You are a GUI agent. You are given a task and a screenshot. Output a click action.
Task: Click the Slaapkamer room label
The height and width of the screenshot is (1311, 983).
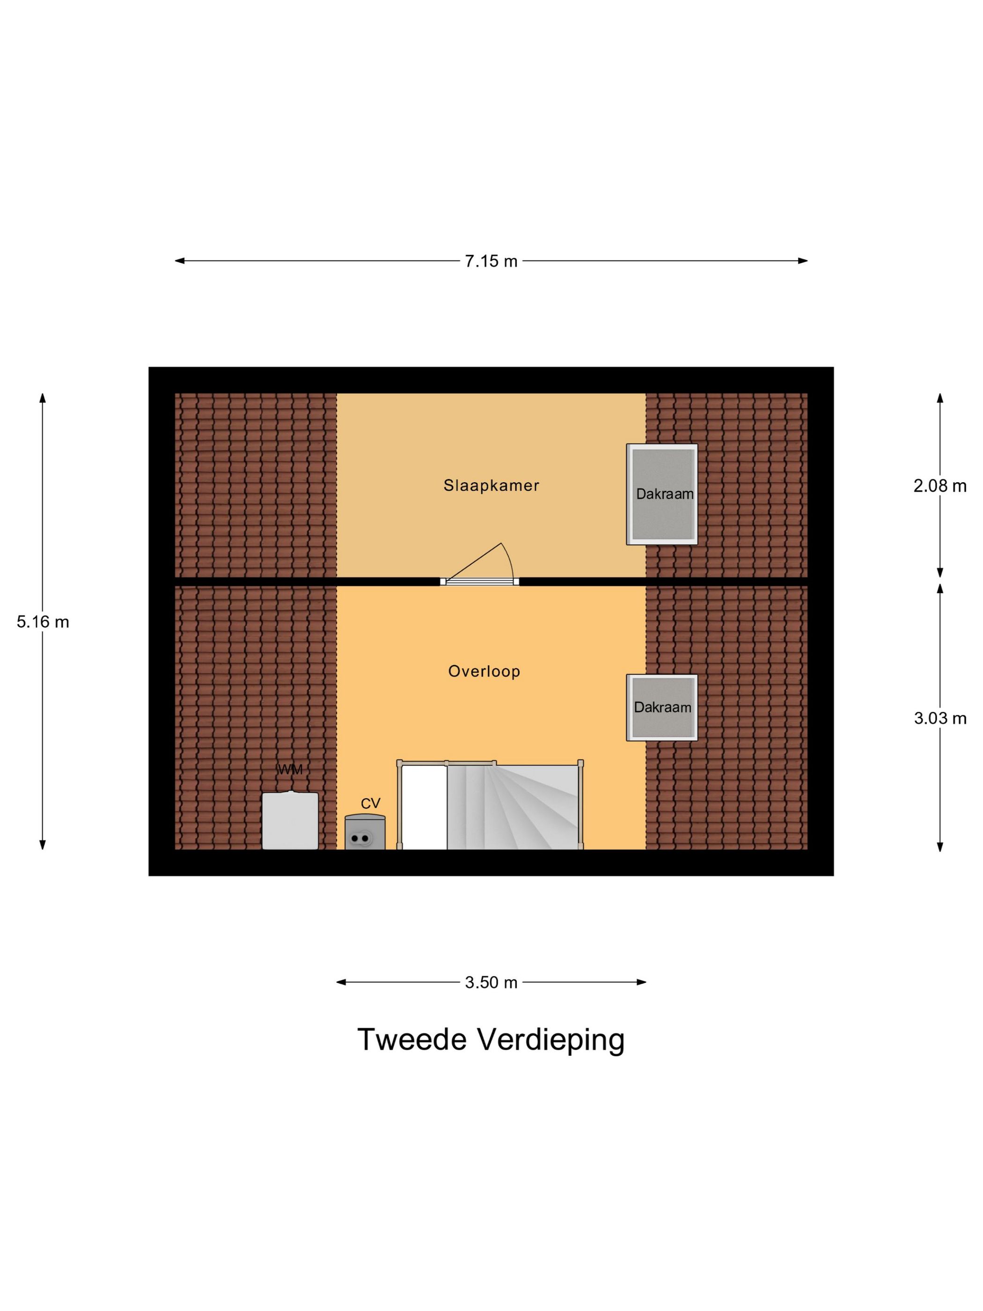pos(491,486)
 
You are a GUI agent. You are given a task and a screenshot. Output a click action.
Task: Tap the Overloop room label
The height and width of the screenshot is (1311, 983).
pos(484,671)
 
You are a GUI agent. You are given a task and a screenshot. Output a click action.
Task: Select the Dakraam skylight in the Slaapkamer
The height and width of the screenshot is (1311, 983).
pos(662,494)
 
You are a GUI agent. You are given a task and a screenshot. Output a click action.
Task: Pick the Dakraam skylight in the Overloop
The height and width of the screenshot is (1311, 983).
pos(662,707)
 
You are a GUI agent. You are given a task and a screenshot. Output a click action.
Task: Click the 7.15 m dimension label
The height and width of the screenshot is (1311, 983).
pos(491,261)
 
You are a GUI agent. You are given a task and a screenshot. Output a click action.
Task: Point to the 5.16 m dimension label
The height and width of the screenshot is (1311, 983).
pos(43,622)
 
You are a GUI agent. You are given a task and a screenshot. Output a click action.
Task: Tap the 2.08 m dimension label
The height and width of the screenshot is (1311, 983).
pos(940,486)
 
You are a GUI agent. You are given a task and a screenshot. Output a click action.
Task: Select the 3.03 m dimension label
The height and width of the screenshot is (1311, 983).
pos(940,718)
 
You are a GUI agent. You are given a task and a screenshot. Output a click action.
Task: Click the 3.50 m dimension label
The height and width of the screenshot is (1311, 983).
pos(491,983)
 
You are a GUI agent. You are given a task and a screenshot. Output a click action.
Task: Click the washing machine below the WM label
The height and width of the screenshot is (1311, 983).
pos(290,820)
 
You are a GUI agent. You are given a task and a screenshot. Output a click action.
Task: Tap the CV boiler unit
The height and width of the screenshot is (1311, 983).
pos(365,832)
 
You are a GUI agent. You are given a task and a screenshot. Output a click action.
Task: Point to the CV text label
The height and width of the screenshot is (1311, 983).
pos(370,803)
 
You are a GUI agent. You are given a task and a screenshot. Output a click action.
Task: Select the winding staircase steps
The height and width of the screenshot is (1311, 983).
pos(513,807)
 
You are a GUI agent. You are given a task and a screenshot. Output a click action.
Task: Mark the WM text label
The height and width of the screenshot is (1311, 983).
pos(290,769)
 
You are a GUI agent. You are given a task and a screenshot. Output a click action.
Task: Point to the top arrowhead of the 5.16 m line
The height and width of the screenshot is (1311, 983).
pos(43,398)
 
